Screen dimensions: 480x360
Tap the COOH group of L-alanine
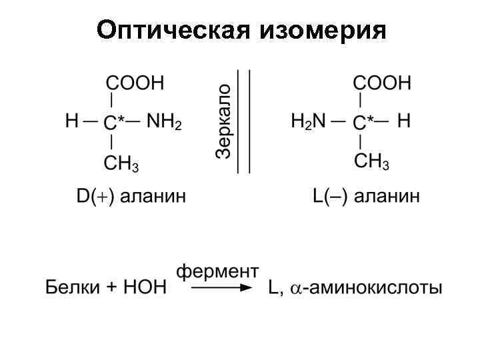coord(382,83)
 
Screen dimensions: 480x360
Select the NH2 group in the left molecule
coord(163,122)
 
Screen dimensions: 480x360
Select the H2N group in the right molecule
coord(308,122)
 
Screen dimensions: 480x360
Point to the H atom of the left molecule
coord(71,121)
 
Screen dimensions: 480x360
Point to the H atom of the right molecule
coord(403,121)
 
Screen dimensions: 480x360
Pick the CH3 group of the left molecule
coord(121,163)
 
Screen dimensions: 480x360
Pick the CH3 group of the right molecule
coord(371,162)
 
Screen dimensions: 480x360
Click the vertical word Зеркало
coord(224,121)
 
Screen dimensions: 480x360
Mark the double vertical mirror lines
coord(245,121)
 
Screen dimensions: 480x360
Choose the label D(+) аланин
coord(131,197)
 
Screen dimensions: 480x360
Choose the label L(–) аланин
coord(366,197)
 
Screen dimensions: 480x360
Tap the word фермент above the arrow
coord(217,271)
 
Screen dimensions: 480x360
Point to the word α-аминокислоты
coord(367,288)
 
